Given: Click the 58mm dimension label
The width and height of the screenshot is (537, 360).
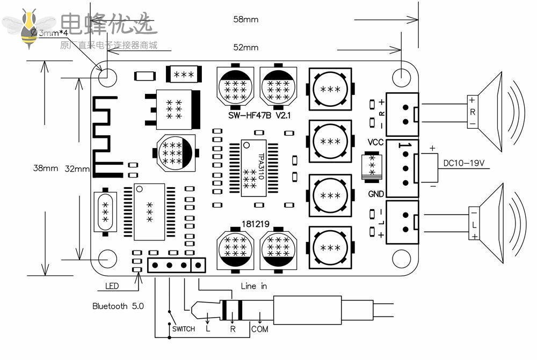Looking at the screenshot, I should (245, 19).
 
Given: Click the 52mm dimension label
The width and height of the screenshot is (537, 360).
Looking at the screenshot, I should (245, 47).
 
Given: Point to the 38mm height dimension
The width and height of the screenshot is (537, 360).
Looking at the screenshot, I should (46, 168).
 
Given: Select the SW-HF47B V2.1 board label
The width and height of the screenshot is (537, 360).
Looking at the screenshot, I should (258, 115).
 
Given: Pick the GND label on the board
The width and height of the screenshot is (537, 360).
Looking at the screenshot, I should (376, 194).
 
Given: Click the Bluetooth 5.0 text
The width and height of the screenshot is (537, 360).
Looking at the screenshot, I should (118, 306).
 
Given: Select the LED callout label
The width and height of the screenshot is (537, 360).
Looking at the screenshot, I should (112, 286).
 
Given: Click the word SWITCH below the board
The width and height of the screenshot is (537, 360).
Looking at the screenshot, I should (183, 329).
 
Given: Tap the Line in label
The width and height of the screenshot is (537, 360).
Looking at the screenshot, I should (253, 286).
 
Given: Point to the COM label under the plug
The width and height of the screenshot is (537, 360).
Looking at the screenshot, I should (260, 329).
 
